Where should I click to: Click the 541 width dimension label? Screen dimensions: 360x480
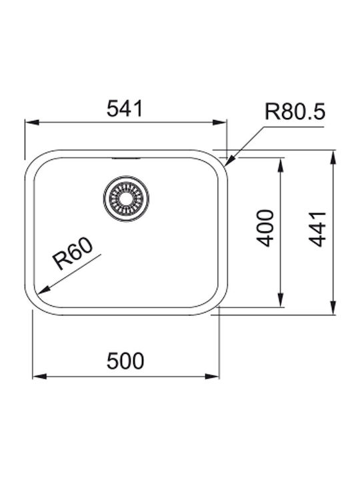pos(125,109)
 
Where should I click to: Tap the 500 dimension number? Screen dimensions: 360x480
pos(125,361)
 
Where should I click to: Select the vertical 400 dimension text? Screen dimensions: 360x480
pos(265,228)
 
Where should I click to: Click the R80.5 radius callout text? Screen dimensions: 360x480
pos(295,111)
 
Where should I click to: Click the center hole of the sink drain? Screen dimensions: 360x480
pos(126,198)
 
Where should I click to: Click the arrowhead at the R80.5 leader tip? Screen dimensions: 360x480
pos(229,161)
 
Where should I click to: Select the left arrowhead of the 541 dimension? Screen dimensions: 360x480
pos(31,123)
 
